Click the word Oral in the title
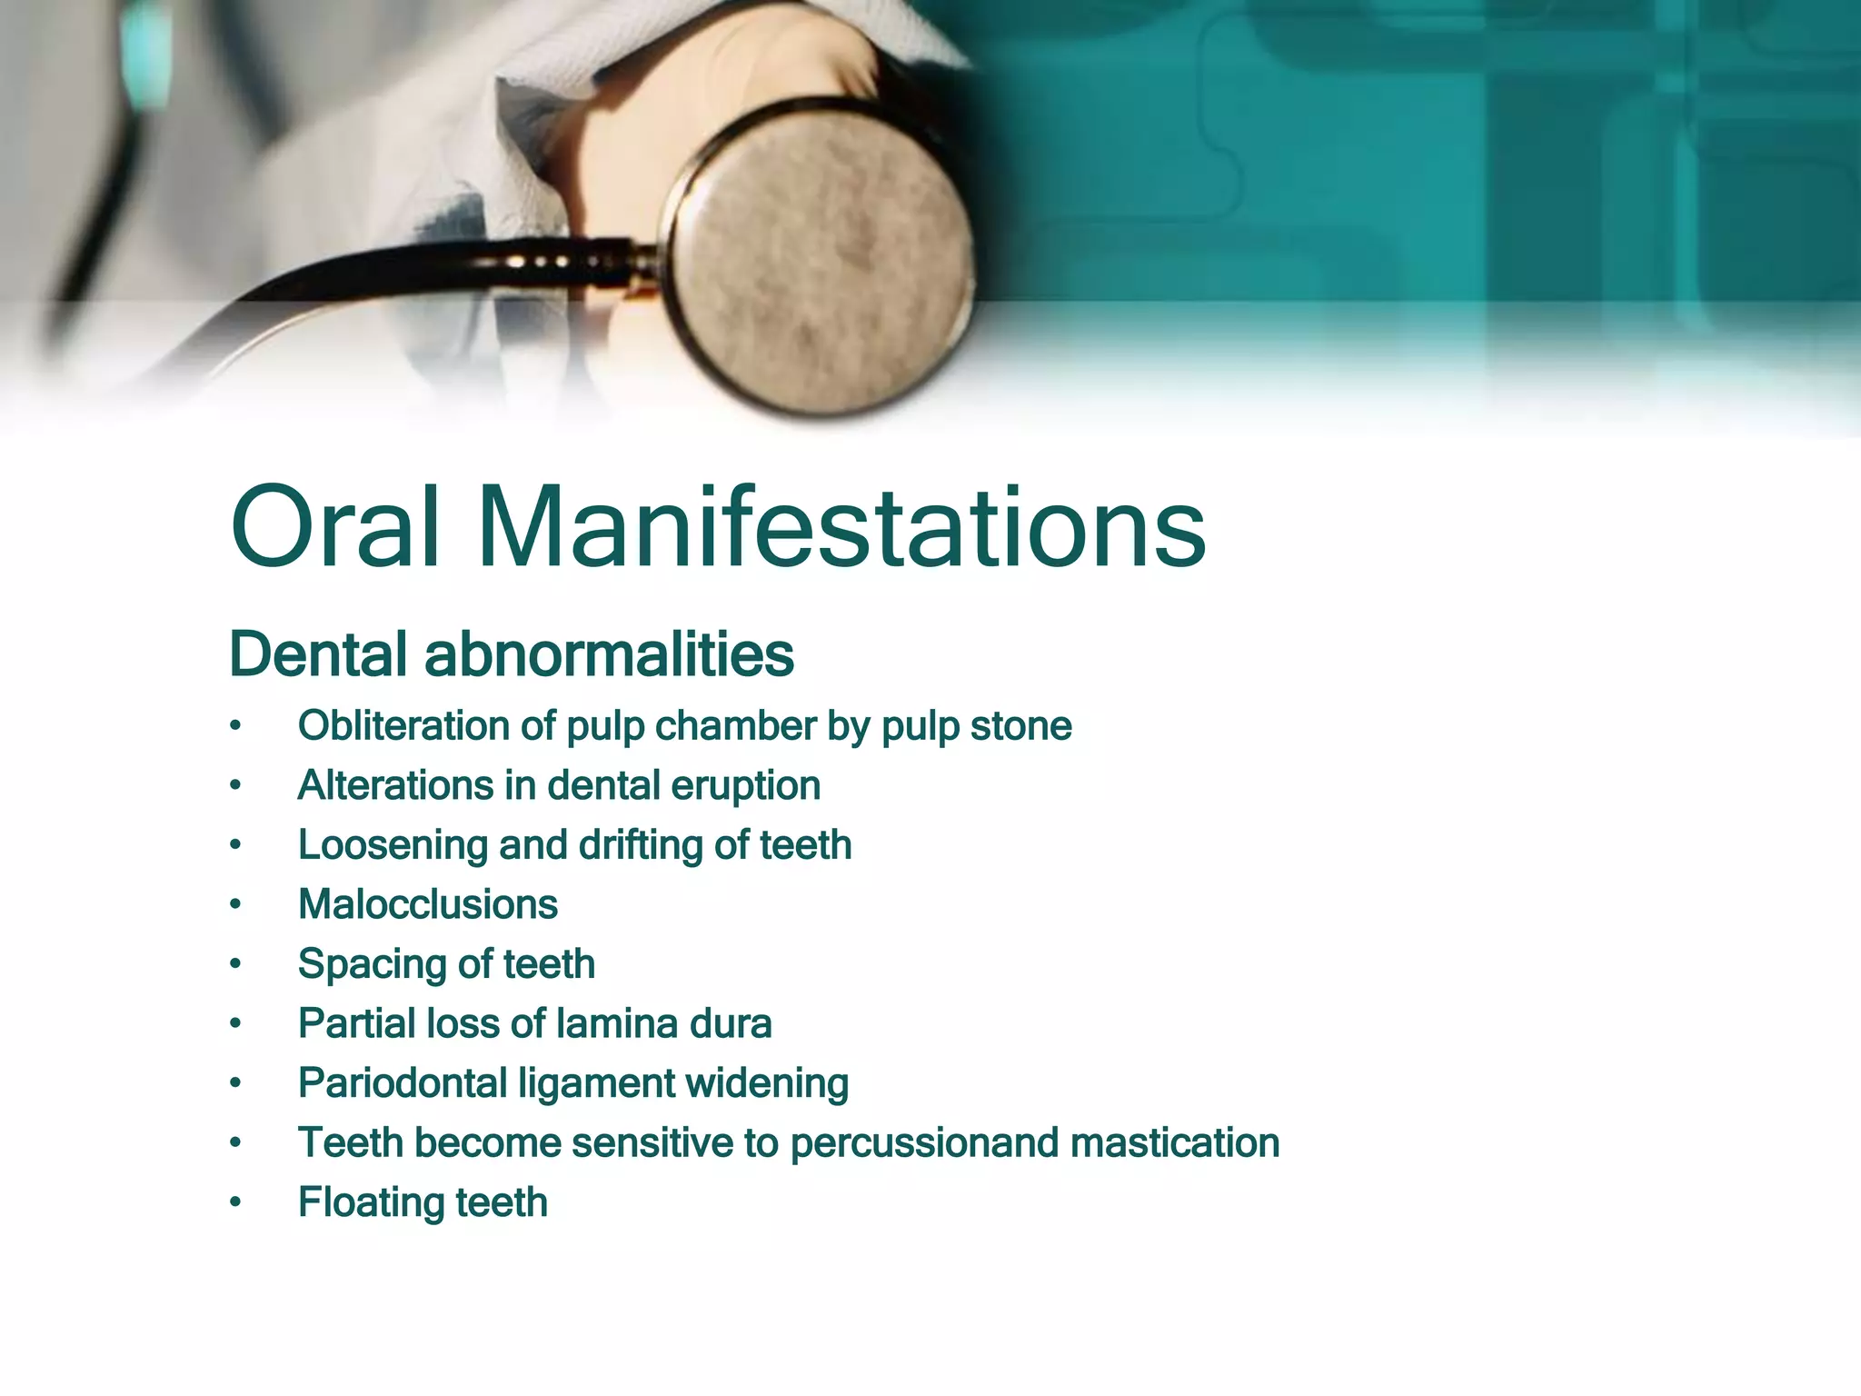(336, 528)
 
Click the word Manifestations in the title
(841, 528)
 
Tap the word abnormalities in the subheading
(609, 653)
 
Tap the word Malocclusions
(428, 905)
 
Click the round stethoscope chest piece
(822, 259)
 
